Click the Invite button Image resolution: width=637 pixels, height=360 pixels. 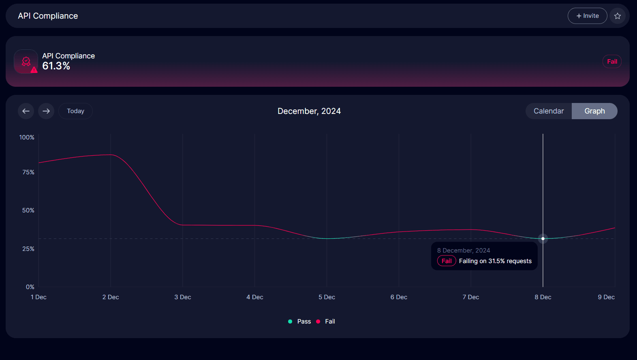coord(587,16)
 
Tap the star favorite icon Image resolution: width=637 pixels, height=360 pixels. coord(618,16)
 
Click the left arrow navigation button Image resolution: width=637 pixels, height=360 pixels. coord(26,111)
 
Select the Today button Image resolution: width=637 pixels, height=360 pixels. coord(75,111)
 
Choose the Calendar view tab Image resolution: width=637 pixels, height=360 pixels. coord(548,111)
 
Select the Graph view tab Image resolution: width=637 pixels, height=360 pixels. coord(594,111)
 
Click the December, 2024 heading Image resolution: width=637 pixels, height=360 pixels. coord(309,111)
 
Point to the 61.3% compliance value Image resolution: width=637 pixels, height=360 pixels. coord(56,66)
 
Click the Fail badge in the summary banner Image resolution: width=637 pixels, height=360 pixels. coord(612,62)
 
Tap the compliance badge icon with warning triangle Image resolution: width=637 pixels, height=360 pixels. coord(26,62)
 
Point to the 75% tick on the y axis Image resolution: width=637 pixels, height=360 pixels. coord(28,172)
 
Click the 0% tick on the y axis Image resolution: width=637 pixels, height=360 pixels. coord(30,287)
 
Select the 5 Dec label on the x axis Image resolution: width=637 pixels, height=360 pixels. coord(327,297)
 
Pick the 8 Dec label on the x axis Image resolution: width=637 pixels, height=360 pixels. coord(543,297)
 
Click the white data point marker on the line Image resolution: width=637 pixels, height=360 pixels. coord(543,238)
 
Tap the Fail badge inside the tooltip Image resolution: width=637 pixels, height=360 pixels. coord(447,261)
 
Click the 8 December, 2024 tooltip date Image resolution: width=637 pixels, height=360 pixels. coord(464,251)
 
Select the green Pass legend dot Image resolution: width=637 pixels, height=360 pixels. coord(290,321)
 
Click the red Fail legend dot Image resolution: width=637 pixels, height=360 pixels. coord(318,321)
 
